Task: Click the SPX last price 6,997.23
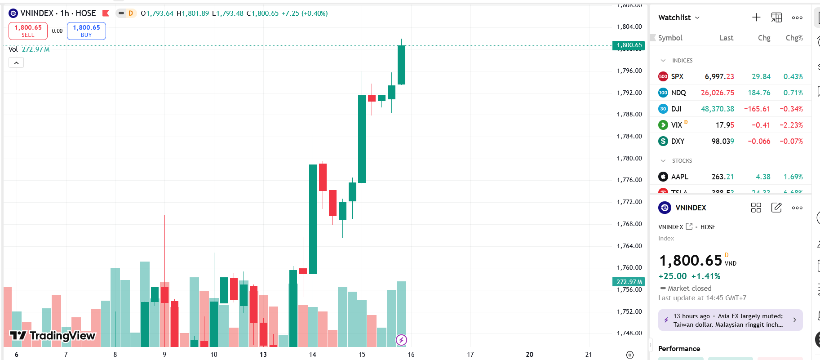pos(719,76)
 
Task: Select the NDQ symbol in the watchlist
pos(678,93)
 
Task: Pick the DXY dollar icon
pos(663,141)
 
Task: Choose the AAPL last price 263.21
pos(722,177)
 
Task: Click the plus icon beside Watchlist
pos(756,18)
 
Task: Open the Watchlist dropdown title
pos(678,18)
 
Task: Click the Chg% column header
pos(794,38)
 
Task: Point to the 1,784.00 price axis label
pos(629,136)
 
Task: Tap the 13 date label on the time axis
pos(263,355)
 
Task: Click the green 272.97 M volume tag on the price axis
pos(629,282)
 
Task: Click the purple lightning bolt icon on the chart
pos(401,340)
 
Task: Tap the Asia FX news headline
pos(728,320)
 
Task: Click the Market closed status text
pos(689,288)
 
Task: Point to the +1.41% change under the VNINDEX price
pos(705,276)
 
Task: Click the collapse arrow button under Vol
pos(16,63)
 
